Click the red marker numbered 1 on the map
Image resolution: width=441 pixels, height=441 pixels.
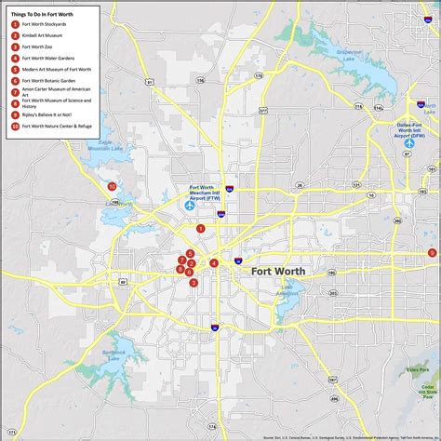pyautogui.click(x=200, y=228)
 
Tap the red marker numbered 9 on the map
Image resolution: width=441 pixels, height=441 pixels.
pyautogui.click(x=432, y=253)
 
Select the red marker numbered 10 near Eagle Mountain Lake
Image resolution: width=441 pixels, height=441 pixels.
pyautogui.click(x=112, y=186)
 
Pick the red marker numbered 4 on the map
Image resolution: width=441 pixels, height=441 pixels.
pyautogui.click(x=214, y=263)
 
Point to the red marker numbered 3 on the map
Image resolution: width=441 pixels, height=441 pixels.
pyautogui.click(x=194, y=283)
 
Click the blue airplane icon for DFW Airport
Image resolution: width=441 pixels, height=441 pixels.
pyautogui.click(x=408, y=143)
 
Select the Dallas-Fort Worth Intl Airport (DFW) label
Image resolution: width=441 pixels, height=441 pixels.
pyautogui.click(x=408, y=128)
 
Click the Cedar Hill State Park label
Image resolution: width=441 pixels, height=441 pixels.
pyautogui.click(x=424, y=390)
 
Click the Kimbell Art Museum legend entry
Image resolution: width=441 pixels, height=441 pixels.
pyautogui.click(x=43, y=34)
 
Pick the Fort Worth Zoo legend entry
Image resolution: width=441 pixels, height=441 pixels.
pyautogui.click(x=38, y=46)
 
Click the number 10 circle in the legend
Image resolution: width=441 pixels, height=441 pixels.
pyautogui.click(x=16, y=125)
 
